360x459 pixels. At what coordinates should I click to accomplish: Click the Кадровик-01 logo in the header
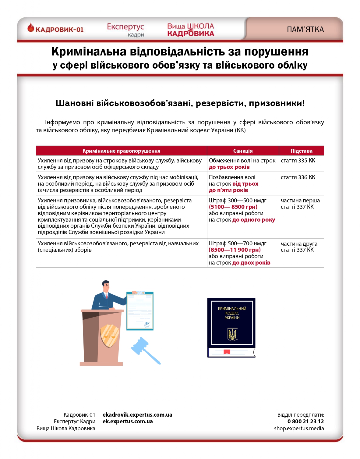pyautogui.click(x=55, y=29)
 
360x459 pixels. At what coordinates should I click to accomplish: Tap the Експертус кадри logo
pyautogui.click(x=125, y=30)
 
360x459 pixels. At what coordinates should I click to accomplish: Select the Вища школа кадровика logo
pyautogui.click(x=191, y=30)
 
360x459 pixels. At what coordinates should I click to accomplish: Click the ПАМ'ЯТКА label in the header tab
pyautogui.click(x=305, y=30)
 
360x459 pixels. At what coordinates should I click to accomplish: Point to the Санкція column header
pyautogui.click(x=243, y=151)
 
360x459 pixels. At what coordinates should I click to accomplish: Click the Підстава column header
pyautogui.click(x=301, y=151)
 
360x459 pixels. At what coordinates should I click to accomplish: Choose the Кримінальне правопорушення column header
pyautogui.click(x=121, y=151)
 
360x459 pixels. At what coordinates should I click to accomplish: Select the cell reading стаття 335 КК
pyautogui.click(x=298, y=161)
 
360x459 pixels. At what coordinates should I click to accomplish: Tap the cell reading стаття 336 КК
pyautogui.click(x=298, y=177)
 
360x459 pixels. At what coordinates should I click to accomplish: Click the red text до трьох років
pyautogui.click(x=229, y=167)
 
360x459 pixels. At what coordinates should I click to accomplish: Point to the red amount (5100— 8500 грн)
pyautogui.click(x=233, y=207)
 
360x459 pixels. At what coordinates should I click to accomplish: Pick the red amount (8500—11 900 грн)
pyautogui.click(x=235, y=250)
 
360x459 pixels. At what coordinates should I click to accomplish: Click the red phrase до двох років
pyautogui.click(x=251, y=263)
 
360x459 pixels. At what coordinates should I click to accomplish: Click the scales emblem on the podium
pyautogui.click(x=110, y=336)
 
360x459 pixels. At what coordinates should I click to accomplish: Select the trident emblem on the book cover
pyautogui.click(x=232, y=334)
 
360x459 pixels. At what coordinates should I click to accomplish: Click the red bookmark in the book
pyautogui.click(x=227, y=352)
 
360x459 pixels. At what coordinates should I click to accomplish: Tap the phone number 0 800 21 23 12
pyautogui.click(x=305, y=422)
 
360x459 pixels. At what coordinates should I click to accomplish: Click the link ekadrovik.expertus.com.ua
pyautogui.click(x=137, y=415)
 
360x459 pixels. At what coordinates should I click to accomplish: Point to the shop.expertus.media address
pyautogui.click(x=299, y=429)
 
